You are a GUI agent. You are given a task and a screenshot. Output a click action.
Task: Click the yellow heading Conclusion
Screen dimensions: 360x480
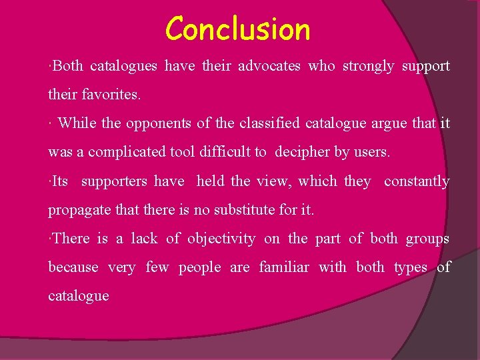click(238, 29)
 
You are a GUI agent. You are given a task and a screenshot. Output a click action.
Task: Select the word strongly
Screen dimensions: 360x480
click(368, 66)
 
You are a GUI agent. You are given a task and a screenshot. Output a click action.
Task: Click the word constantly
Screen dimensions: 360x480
click(417, 181)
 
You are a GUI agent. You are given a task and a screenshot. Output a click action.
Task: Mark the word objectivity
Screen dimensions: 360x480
click(221, 238)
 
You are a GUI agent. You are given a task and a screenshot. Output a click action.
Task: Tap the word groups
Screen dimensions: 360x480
click(428, 239)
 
